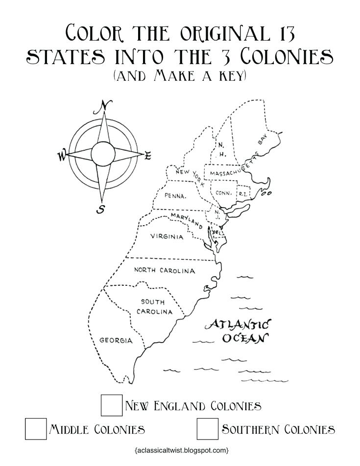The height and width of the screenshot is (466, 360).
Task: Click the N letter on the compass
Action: (x=104, y=106)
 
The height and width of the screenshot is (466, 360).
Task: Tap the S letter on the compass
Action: (x=101, y=209)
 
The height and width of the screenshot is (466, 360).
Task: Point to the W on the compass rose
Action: (x=62, y=156)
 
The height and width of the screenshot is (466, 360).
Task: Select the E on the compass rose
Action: (x=147, y=156)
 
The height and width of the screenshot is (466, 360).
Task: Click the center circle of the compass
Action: (x=103, y=154)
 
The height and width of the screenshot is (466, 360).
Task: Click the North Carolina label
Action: (x=165, y=270)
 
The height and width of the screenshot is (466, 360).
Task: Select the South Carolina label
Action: (x=154, y=307)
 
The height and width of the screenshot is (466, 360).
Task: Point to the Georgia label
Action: (x=116, y=340)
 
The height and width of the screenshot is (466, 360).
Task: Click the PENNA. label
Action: (x=175, y=196)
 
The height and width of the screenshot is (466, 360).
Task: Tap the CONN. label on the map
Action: (x=224, y=193)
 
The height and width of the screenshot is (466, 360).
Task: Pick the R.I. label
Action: (x=243, y=194)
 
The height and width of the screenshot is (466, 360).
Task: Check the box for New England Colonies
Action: (x=112, y=405)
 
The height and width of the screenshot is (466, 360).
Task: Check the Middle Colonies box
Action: (x=36, y=429)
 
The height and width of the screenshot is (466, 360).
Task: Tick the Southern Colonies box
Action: (x=207, y=429)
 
